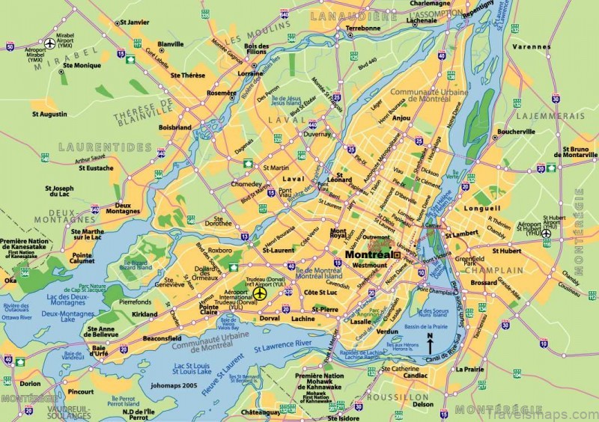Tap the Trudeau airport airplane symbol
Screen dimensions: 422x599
pos(261,294)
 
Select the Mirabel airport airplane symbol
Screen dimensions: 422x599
pos(50,43)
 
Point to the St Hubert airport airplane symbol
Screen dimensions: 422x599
pos(547,233)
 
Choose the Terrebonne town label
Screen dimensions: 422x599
pos(363,28)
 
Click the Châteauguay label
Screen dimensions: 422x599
pos(260,412)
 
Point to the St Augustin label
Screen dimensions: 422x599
pos(49,114)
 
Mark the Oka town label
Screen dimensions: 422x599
pos(10,281)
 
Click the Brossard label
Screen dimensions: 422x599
pos(484,284)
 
